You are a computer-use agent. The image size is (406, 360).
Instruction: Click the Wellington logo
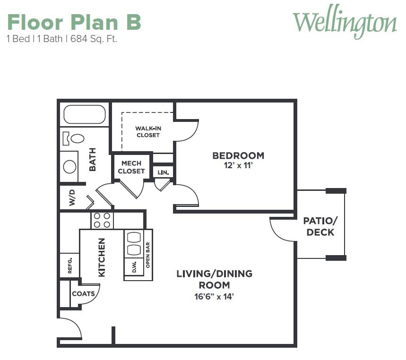tap(345, 22)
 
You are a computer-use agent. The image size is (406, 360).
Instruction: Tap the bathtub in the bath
tap(85, 114)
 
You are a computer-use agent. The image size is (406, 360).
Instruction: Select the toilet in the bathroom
tap(74, 138)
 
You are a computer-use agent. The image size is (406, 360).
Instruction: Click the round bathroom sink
tap(69, 167)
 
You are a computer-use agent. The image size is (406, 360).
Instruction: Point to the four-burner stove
tap(102, 220)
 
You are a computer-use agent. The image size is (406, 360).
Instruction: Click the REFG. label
tap(70, 266)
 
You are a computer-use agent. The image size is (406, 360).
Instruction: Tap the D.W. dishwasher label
tap(134, 267)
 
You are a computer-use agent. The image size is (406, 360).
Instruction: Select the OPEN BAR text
tap(148, 255)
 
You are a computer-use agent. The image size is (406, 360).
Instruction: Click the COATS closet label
tap(83, 294)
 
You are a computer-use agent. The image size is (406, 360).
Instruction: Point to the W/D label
tap(72, 198)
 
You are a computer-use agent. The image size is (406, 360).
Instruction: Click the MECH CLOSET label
tap(131, 167)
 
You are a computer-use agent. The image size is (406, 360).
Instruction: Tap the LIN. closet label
tap(163, 172)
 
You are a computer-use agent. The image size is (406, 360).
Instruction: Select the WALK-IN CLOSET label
tap(148, 132)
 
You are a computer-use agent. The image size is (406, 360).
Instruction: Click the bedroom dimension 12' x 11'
tap(238, 165)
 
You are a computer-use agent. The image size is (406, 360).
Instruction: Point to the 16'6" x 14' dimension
tap(214, 297)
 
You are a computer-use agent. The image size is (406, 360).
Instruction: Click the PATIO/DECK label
tap(320, 227)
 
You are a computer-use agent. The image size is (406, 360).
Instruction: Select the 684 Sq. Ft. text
tap(94, 39)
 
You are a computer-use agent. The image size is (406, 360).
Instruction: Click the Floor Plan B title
tap(74, 22)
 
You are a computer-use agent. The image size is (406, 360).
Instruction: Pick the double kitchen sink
tap(134, 243)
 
